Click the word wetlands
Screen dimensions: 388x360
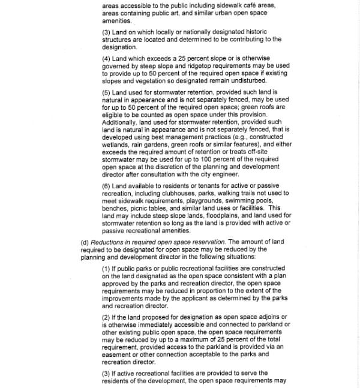pyautogui.click(x=116, y=145)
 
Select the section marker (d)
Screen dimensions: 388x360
pyautogui.click(x=85, y=242)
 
